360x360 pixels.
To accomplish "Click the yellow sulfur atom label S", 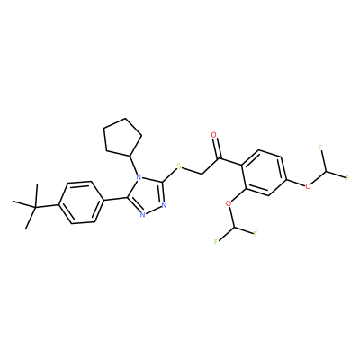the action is click(179, 166).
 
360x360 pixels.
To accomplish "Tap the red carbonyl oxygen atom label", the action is click(213, 135).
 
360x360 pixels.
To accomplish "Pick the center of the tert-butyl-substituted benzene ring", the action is click(80, 202).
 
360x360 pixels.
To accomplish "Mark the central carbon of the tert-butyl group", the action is click(35, 207).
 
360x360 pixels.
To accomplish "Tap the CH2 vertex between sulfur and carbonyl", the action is click(202, 174).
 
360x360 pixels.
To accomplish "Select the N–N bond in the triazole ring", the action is click(153, 211).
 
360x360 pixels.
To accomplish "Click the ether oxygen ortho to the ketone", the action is click(229, 203).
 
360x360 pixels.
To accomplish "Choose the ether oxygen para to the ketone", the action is click(308, 186).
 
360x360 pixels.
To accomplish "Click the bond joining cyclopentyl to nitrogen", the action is click(133, 166).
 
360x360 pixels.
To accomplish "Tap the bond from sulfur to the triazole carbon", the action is click(169, 175).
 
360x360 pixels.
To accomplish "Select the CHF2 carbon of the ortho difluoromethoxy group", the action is click(234, 228).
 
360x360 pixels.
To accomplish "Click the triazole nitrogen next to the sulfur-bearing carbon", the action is click(164, 206).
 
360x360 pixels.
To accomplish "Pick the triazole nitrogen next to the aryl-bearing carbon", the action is click(142, 214).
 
